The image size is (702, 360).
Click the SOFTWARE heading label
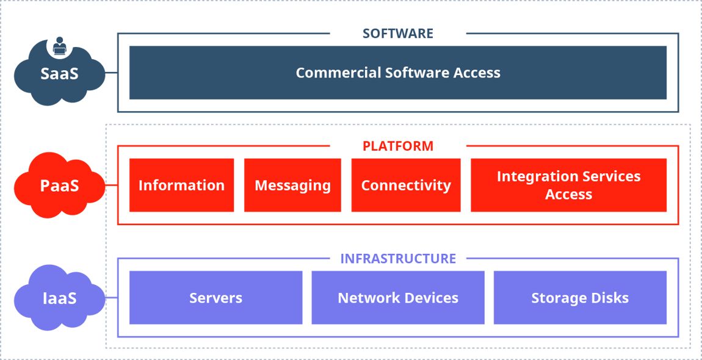pos(398,34)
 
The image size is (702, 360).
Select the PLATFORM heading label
pos(398,146)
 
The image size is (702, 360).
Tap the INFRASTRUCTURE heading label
pos(398,259)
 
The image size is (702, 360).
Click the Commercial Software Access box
pos(398,73)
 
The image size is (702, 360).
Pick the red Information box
pos(181,185)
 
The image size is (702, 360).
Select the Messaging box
pos(292,185)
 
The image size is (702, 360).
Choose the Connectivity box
pos(406,185)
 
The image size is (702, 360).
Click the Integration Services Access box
pos(568,185)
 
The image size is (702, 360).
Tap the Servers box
pos(215,298)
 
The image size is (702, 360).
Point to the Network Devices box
pos(398,298)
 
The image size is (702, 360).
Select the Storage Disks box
pos(580,298)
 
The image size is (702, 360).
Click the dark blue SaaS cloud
pos(59,76)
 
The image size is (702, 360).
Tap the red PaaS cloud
pos(59,185)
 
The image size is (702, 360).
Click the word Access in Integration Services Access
pos(568,195)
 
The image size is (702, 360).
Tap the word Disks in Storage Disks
pos(608,298)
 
